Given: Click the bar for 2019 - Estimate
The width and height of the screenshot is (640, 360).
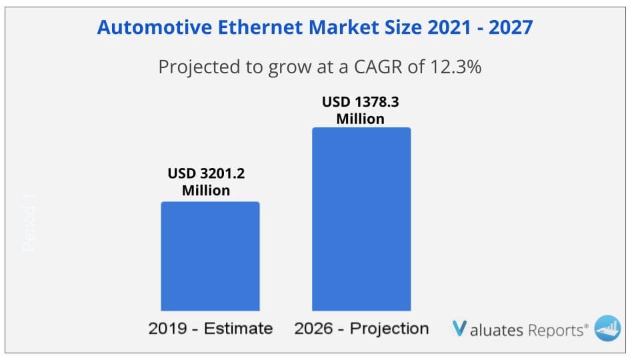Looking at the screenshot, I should coord(210,257).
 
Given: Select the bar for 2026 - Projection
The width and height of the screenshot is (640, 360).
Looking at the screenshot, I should coord(361,220).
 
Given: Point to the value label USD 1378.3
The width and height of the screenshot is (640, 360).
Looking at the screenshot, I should coord(361,102).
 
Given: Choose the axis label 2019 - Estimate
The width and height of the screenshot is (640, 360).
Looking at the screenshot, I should coord(210,329).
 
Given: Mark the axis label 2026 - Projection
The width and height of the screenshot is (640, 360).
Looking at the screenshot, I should coord(361,329).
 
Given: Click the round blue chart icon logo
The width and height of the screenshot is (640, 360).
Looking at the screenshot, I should coord(607,328).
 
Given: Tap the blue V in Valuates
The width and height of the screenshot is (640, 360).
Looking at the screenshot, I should coord(459,329).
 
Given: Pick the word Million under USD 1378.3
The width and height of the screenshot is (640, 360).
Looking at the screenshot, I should coord(361,119).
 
